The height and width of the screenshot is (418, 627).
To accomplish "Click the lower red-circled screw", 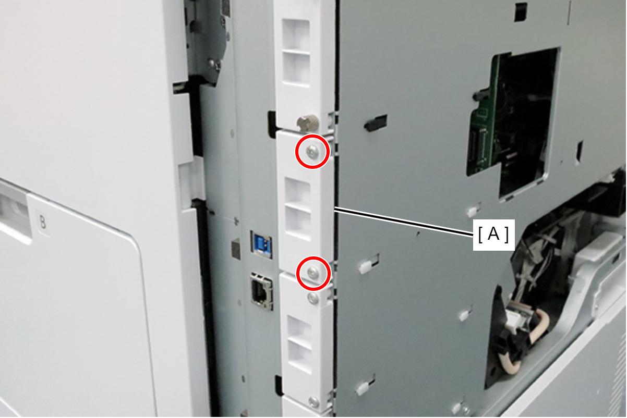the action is (313, 273).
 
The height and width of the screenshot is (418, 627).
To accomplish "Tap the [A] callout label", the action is (493, 235).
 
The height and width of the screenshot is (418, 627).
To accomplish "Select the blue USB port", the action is (261, 244).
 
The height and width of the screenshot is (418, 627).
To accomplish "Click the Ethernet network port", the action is (262, 291).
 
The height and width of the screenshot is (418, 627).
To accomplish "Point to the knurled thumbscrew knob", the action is (308, 124).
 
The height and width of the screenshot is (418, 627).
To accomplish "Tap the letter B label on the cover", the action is (42, 223).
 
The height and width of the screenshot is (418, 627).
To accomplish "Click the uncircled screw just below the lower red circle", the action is (313, 298).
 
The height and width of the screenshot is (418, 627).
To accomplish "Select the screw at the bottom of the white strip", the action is (313, 402).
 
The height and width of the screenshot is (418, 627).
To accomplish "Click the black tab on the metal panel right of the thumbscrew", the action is (376, 122).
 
